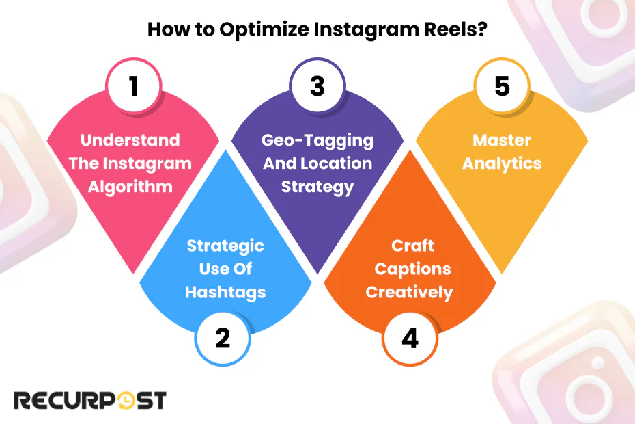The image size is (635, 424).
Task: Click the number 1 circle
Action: coord(133,87)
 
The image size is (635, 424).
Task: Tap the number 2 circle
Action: coord(223,338)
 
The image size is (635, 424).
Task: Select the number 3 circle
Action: coord(317,87)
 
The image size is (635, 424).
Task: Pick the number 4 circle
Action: coord(409,338)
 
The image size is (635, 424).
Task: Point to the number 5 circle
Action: coord(502,87)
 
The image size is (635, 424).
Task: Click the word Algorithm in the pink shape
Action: coord(130,186)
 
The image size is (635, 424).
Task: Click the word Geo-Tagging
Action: coord(317,140)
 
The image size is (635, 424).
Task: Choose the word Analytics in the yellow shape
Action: coord(502,163)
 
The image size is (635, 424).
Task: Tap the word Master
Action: coord(502,140)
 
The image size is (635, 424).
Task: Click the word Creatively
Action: coord(409,292)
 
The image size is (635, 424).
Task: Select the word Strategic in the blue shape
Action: coord(225,246)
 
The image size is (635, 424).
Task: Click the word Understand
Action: coord(130,140)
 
